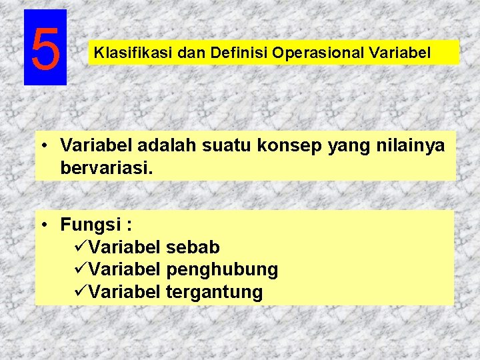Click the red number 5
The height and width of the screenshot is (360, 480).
tap(45, 49)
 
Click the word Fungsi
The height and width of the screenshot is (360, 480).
tap(87, 225)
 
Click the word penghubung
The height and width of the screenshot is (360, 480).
tap(222, 270)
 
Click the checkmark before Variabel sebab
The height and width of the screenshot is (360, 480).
tap(79, 247)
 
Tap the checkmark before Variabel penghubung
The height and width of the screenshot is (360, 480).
tap(79, 269)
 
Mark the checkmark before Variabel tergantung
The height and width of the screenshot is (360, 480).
tap(79, 291)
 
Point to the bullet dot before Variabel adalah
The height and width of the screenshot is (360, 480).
tap(43, 146)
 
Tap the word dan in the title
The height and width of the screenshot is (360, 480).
tap(189, 52)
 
